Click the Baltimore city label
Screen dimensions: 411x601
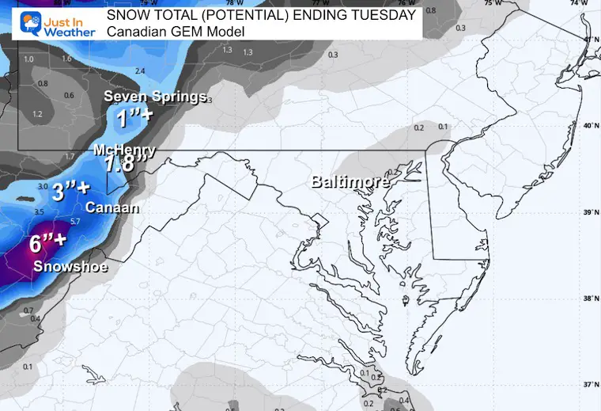[350, 182]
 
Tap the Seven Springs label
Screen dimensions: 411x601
[155, 97]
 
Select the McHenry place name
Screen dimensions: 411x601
[124, 150]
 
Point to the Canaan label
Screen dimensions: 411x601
[113, 209]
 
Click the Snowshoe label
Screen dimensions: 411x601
[70, 266]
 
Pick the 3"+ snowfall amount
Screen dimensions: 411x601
[70, 191]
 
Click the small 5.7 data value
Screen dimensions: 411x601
[76, 221]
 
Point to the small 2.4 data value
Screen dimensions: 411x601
[141, 71]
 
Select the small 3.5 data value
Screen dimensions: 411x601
[38, 212]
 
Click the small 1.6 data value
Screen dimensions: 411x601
[66, 59]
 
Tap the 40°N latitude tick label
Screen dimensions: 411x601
[588, 127]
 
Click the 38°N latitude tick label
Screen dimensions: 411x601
[588, 299]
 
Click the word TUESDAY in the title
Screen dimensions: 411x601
[385, 16]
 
